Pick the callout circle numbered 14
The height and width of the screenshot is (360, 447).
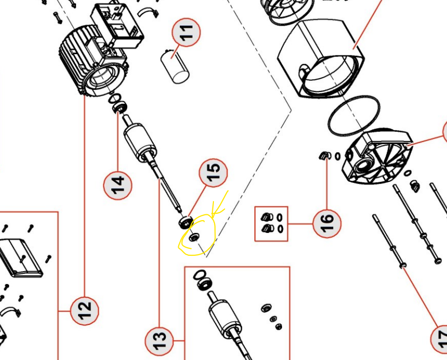coord(118,184)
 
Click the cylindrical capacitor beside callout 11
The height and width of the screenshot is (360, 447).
coord(175,65)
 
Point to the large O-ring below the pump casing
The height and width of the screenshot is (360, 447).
coord(354,116)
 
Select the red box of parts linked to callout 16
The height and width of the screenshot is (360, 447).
coord(271,223)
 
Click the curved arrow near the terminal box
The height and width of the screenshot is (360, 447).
coord(148,13)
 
